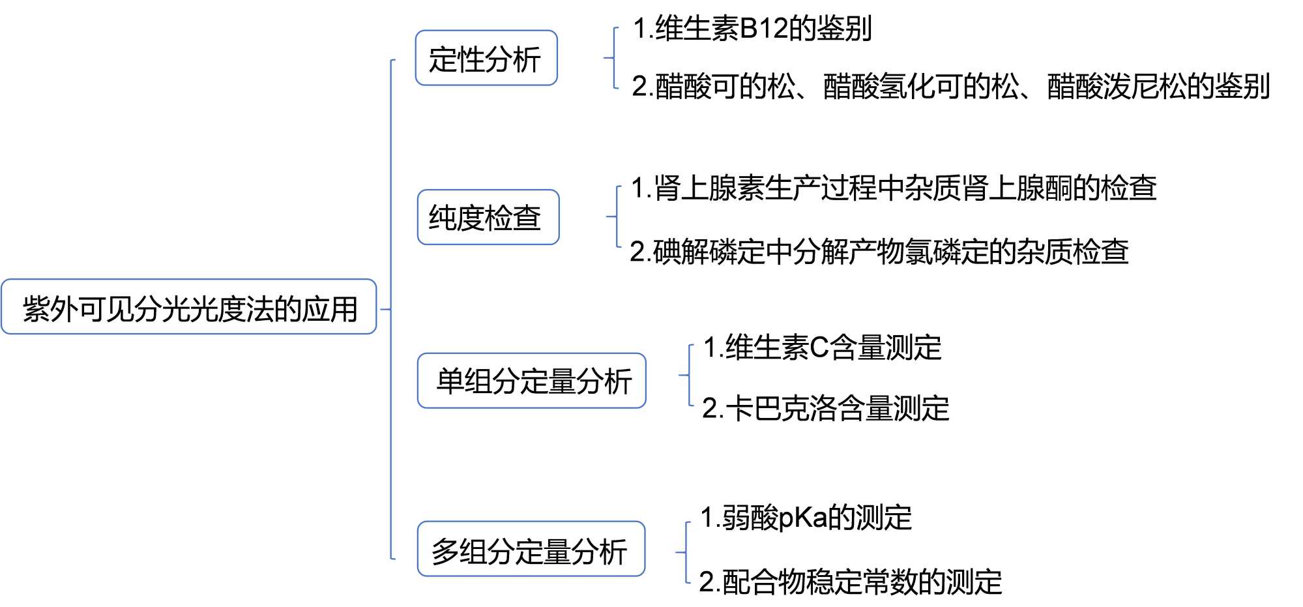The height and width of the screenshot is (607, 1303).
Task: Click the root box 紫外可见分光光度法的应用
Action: point(189,307)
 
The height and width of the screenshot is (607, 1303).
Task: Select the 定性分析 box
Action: point(486,58)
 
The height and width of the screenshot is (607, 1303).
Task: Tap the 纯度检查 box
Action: point(488,217)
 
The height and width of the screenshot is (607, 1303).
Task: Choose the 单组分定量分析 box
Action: point(531,381)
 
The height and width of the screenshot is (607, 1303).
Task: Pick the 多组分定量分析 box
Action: point(531,549)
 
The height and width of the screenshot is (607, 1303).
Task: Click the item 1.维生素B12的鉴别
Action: point(752,29)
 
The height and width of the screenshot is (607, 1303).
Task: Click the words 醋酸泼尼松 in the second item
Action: point(1117,87)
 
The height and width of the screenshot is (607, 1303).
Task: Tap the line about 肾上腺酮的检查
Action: point(894,188)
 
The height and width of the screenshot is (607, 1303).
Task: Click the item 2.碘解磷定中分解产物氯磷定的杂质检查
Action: point(879,252)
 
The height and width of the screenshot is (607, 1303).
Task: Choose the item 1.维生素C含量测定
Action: point(822,348)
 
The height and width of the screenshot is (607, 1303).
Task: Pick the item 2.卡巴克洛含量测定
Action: point(825,409)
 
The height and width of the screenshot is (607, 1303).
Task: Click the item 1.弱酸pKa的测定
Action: point(806,518)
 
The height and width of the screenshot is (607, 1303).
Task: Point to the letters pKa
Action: point(803,518)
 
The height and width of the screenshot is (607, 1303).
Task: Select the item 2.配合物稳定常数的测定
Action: point(850,582)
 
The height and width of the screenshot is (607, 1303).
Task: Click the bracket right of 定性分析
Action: point(613,58)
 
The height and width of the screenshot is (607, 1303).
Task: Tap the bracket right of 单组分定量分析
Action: point(687,375)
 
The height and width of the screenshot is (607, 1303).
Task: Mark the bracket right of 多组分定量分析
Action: point(684,552)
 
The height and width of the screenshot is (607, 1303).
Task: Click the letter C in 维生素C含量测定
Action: point(819,348)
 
